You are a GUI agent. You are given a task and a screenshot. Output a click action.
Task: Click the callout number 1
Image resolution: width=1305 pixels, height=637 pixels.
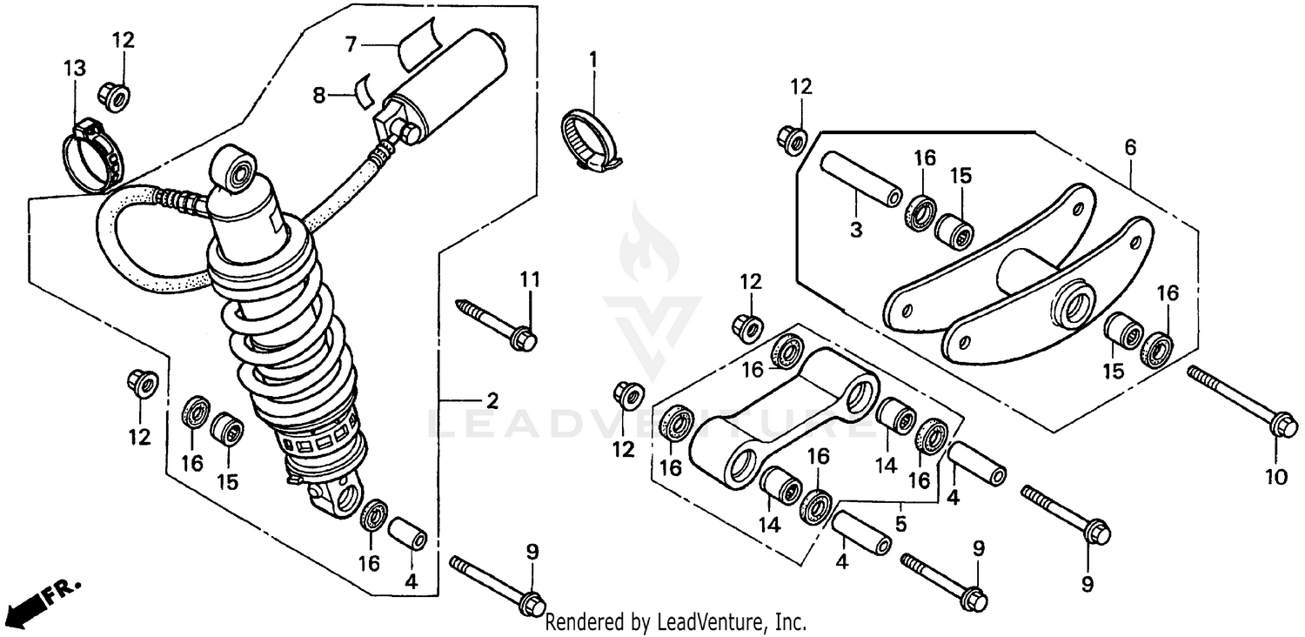pyautogui.click(x=593, y=60)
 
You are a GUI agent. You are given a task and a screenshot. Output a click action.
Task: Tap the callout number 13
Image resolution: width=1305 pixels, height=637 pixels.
pyautogui.click(x=75, y=69)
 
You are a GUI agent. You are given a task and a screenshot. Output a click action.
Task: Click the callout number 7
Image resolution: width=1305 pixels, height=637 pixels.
pyautogui.click(x=351, y=43)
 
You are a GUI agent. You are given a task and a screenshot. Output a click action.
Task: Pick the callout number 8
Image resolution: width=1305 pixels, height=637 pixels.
pyautogui.click(x=319, y=95)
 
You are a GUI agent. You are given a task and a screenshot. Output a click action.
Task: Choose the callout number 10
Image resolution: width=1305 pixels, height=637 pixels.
pyautogui.click(x=1275, y=477)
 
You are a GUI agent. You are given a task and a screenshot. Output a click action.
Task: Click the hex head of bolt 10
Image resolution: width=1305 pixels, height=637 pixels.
pyautogui.click(x=1282, y=426)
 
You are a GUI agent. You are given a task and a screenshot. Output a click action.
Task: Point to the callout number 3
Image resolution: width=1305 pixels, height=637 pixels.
pyautogui.click(x=855, y=230)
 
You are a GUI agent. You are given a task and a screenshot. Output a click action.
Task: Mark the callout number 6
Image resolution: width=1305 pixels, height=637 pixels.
pyautogui.click(x=1130, y=147)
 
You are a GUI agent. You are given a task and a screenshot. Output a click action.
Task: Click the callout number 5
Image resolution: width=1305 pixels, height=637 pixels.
pyautogui.click(x=900, y=524)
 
